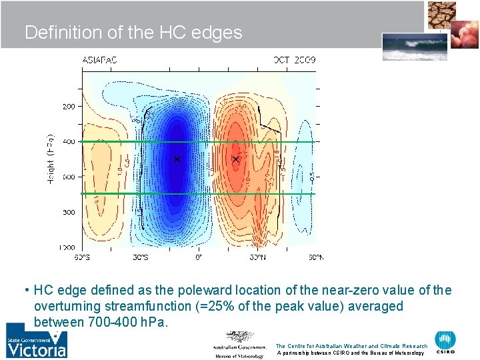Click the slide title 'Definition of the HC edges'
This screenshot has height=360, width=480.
pos(133,33)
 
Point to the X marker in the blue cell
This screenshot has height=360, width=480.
pos(177,159)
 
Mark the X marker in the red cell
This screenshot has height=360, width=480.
pos(236,159)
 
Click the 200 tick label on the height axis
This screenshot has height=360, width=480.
pos(69,106)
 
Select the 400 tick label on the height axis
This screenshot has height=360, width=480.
pos(69,141)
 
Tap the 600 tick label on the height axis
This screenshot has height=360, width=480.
pos(69,177)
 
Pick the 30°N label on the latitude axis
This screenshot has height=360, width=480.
pos(257,257)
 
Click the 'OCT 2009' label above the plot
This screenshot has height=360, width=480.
pos(295,60)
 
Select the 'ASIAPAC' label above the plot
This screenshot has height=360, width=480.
pos(99,60)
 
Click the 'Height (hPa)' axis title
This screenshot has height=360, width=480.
pos(52,159)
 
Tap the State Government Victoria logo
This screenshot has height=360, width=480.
pos(37,341)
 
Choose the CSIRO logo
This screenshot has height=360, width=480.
pos(446,342)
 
